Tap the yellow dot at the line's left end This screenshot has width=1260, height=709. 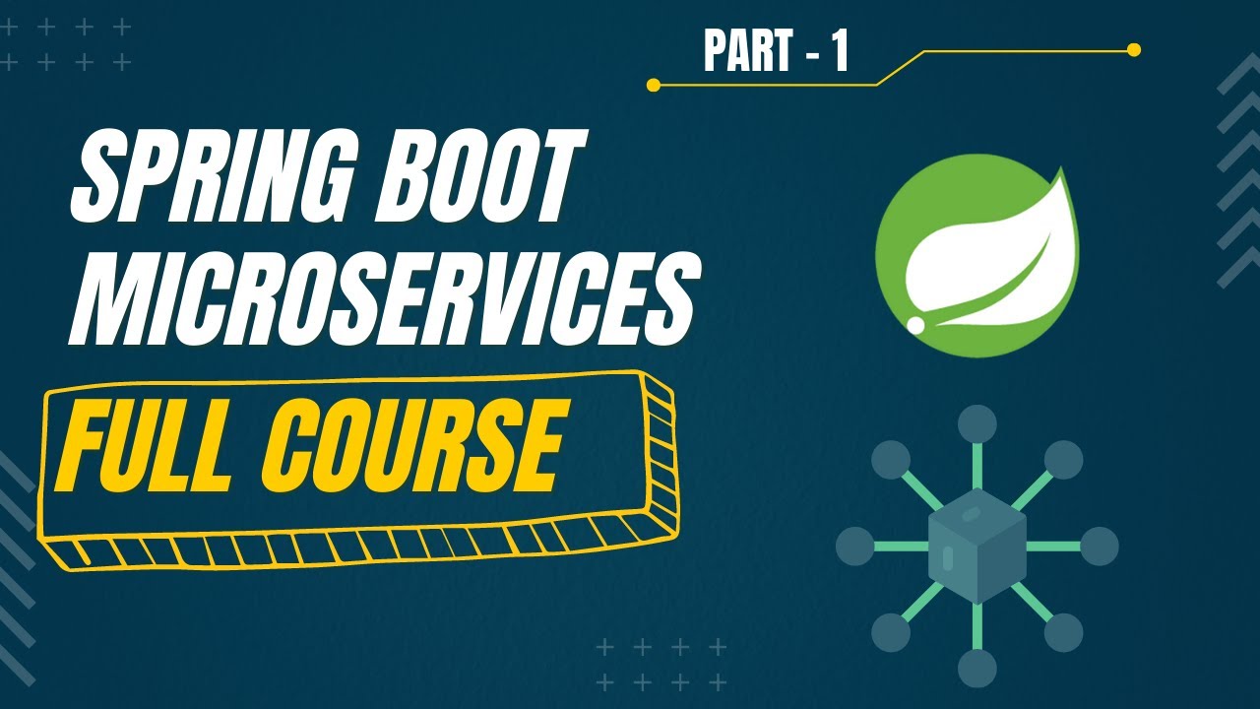click(653, 85)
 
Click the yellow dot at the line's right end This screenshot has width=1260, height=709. click(1133, 49)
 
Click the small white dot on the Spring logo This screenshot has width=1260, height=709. click(915, 324)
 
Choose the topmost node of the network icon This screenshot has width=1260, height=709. click(976, 423)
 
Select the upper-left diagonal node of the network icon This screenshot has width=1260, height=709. click(891, 460)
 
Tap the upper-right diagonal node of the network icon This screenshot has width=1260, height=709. click(1063, 460)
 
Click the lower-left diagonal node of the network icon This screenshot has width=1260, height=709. click(891, 632)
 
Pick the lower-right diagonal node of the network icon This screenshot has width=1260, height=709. click(1063, 632)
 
